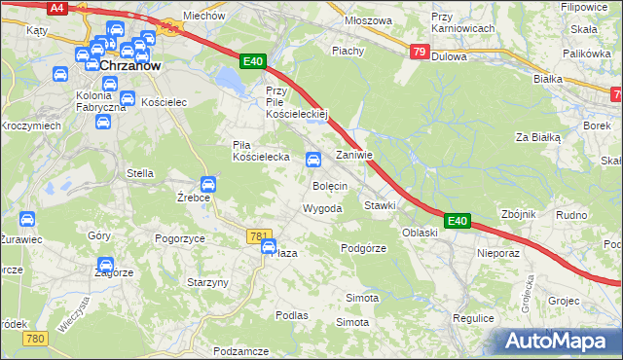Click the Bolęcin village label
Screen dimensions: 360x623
(330, 185)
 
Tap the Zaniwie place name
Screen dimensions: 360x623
(354, 156)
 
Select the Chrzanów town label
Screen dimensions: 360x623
(129, 65)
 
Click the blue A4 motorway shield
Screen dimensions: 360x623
(56, 8)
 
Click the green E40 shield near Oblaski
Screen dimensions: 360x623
(458, 222)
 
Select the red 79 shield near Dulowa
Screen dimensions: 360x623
(419, 53)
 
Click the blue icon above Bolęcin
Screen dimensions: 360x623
(312, 161)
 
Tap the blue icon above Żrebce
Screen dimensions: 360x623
(207, 184)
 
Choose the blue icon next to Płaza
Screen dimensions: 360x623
(269, 247)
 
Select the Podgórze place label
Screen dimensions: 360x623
(363, 248)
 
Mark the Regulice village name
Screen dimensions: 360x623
(474, 317)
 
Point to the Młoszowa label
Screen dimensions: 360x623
(369, 20)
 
